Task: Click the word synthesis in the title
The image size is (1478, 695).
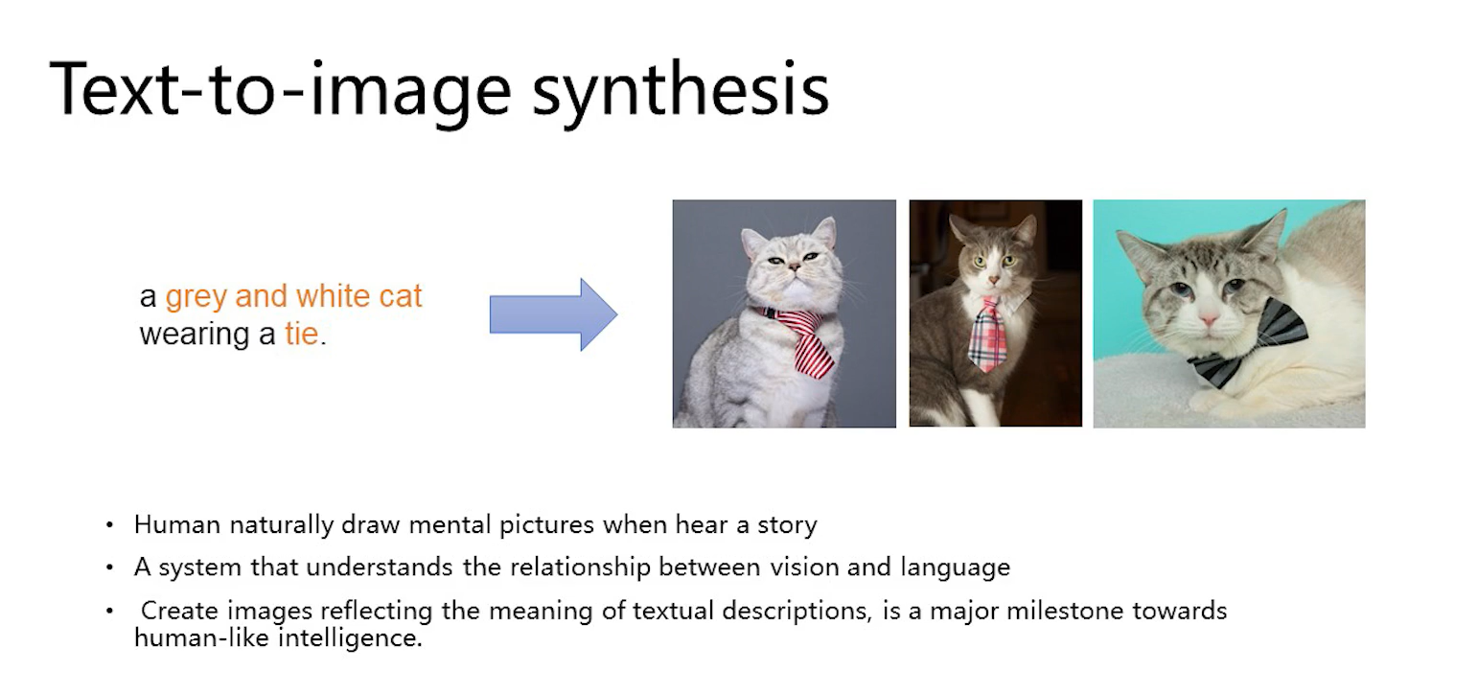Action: pyautogui.click(x=681, y=91)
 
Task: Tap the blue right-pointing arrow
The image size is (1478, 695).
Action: pyautogui.click(x=553, y=314)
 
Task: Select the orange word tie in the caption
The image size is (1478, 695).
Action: pyautogui.click(x=302, y=334)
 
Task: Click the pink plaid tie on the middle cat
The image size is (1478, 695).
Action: pyautogui.click(x=987, y=336)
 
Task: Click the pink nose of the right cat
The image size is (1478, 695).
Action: pyautogui.click(x=1209, y=321)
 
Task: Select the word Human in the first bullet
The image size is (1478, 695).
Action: pyautogui.click(x=177, y=525)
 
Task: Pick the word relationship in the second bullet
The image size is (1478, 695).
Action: pyautogui.click(x=580, y=568)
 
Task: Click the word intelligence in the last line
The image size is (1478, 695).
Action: pyautogui.click(x=350, y=638)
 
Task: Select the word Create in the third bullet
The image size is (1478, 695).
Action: pyautogui.click(x=179, y=612)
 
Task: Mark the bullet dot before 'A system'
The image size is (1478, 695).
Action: pyautogui.click(x=109, y=568)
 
